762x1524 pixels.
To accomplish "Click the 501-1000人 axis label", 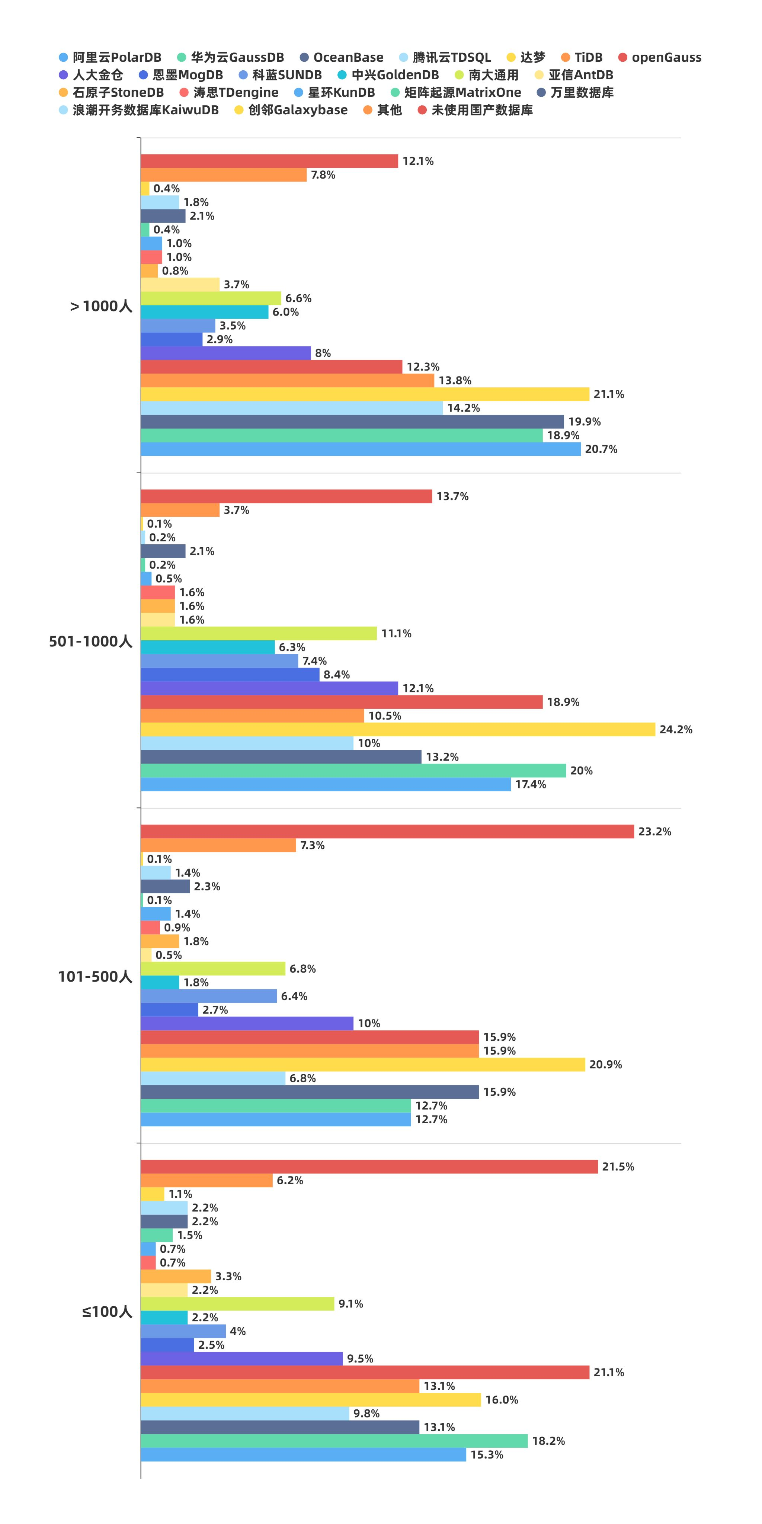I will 90,641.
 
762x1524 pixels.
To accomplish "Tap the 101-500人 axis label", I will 95,976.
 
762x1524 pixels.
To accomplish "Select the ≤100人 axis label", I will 107,1312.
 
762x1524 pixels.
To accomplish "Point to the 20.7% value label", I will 601,449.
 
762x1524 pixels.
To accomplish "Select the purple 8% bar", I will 225,353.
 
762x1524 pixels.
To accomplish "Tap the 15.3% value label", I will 486,1454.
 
